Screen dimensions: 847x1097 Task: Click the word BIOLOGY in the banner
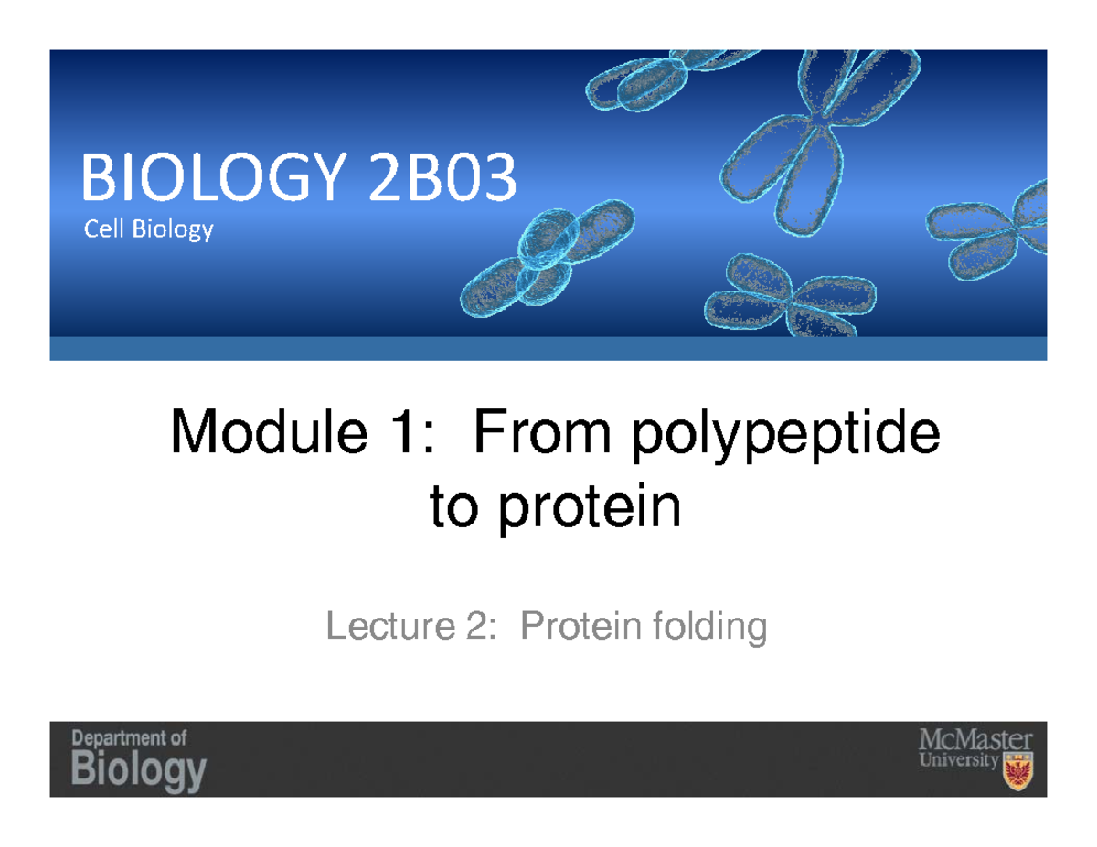tap(218, 180)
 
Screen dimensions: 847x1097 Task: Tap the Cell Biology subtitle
tap(149, 229)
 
